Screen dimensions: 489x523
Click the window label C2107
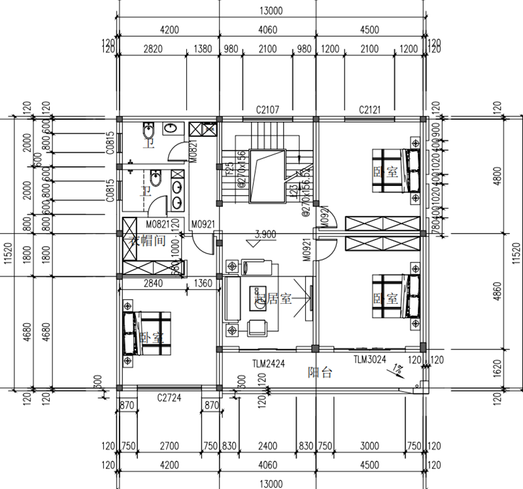click(268, 109)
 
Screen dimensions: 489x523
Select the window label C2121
click(369, 109)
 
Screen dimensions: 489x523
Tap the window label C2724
click(169, 397)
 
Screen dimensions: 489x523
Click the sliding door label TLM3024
click(370, 359)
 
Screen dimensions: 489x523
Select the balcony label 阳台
click(320, 373)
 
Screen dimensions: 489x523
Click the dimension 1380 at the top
click(203, 49)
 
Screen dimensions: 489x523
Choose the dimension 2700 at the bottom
click(169, 446)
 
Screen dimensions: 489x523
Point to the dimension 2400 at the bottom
click(267, 446)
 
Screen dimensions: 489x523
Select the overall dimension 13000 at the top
click(271, 10)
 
